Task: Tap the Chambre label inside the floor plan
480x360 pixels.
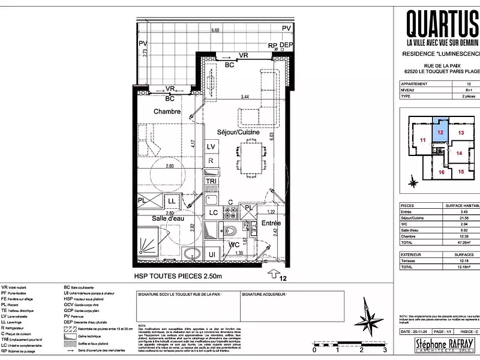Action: pos(167,112)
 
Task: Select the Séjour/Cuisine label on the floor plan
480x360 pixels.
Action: pos(238,132)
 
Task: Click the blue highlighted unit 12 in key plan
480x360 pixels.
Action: pos(440,130)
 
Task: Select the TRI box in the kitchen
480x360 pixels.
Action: pos(211,181)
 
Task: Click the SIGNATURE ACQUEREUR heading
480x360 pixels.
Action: pos(263,295)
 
